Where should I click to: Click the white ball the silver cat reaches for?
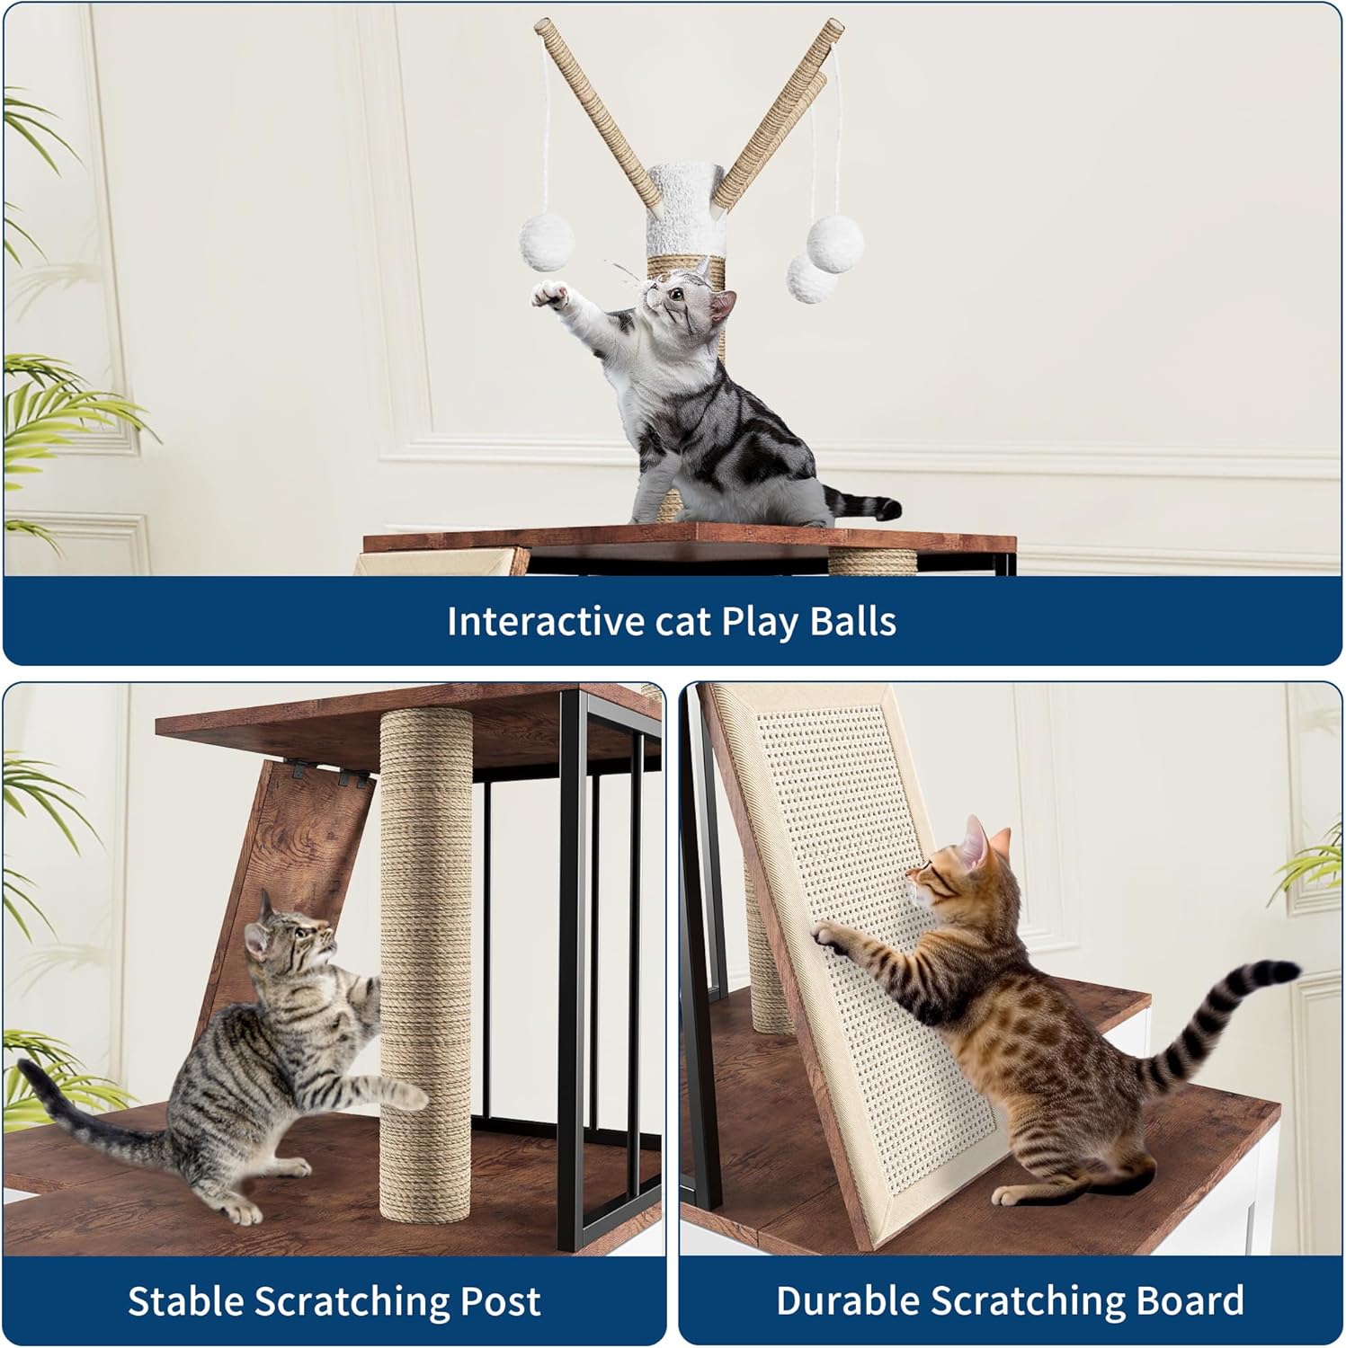point(547,242)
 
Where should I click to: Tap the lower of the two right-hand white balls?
point(811,276)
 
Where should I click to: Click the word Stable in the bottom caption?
point(184,1301)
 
